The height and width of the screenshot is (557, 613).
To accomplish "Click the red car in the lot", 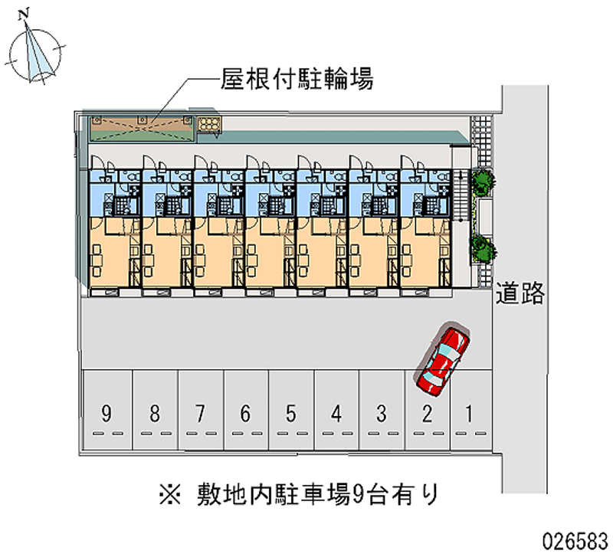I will pos(443,359).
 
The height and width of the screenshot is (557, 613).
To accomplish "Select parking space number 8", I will pos(155,414).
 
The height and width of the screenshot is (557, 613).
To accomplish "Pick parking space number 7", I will pos(200,414).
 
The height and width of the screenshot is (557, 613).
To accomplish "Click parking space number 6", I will pos(245,414).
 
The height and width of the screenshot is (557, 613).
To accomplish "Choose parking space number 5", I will pos(290,414).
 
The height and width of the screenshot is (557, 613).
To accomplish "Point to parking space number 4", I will pos(336,414).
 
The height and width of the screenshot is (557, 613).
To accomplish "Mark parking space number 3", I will pos(381,414).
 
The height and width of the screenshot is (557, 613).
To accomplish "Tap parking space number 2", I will pos(427,414).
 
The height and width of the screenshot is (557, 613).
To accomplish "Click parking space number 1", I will pos(468,414).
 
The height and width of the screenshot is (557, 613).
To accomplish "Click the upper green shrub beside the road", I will pos(483,183).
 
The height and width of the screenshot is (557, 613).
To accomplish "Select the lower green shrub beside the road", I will pos(483,247).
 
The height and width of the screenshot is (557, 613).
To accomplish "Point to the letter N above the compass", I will pos(25,13).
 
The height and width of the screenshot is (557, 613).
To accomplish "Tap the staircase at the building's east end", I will pos(460,196).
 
